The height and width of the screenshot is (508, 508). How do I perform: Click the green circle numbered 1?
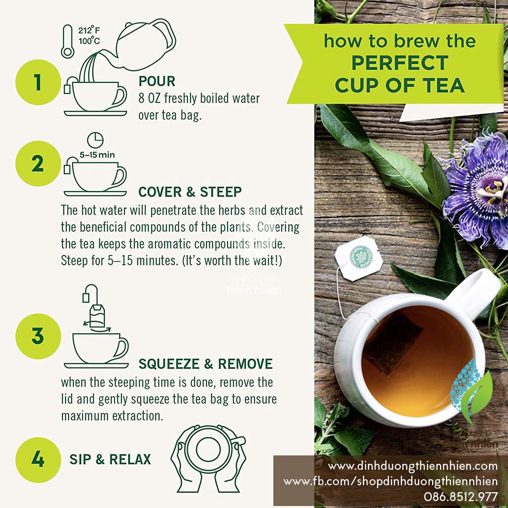(x=38, y=83)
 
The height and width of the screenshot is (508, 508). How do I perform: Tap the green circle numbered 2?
(x=38, y=164)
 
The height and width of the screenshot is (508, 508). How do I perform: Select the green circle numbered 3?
(x=38, y=336)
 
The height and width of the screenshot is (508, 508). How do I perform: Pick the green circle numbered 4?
(x=38, y=459)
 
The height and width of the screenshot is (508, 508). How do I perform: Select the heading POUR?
(x=157, y=81)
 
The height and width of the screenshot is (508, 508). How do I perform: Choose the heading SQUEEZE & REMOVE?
(x=205, y=364)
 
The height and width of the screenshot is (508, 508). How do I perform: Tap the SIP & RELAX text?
(x=110, y=459)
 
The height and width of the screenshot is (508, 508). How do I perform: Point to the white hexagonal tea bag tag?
(x=360, y=258)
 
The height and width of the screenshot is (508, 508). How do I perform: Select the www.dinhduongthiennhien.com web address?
(x=413, y=466)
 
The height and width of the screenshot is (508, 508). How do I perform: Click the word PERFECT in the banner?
(x=400, y=63)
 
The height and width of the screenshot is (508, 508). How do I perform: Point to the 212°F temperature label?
(x=89, y=30)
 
